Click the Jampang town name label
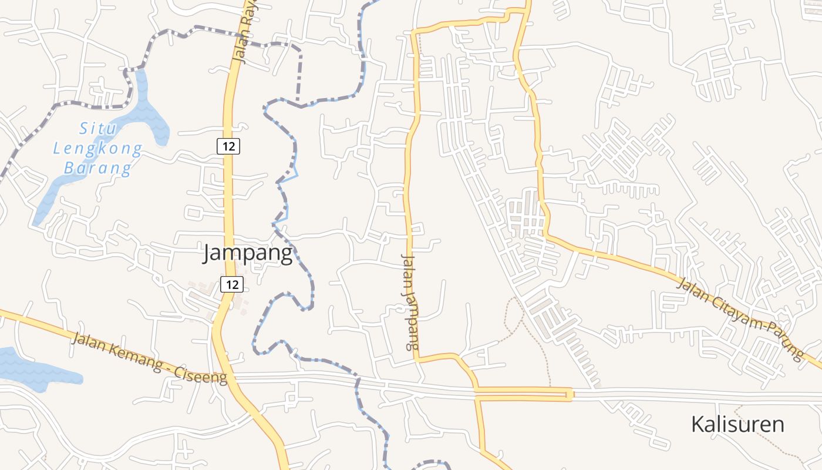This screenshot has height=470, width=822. point(247,253)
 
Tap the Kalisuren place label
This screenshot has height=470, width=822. point(737,424)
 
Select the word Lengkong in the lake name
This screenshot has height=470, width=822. point(97,148)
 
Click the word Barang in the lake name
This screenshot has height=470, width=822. point(97,169)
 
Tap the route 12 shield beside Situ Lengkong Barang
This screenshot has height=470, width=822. point(228,146)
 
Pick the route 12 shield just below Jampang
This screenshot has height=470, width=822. point(232,284)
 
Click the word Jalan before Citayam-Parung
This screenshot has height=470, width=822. point(691,290)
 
